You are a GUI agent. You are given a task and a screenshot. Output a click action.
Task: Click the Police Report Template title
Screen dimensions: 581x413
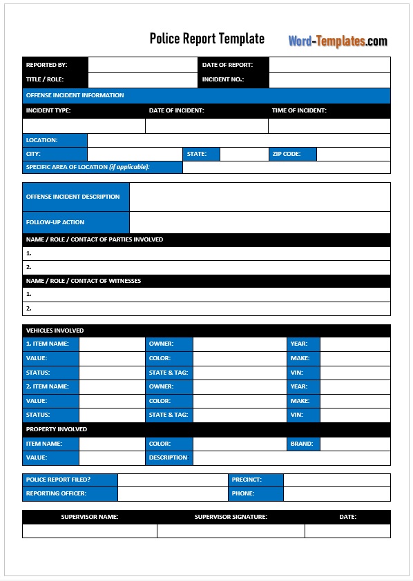pos(206,39)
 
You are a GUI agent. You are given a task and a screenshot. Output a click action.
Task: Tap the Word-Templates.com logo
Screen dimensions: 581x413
pos(338,41)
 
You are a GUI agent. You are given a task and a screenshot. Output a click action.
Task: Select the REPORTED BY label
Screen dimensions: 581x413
pos(47,65)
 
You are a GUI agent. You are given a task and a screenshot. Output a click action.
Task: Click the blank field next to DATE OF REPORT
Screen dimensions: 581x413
pos(329,65)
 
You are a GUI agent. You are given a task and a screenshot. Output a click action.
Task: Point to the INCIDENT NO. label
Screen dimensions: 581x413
pos(223,80)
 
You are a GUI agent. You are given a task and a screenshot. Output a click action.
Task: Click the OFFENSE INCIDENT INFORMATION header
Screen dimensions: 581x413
pos(75,95)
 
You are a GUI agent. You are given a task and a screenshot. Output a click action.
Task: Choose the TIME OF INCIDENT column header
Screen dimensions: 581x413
pos(299,110)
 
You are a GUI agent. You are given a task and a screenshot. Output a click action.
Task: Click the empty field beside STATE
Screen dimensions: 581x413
pos(243,155)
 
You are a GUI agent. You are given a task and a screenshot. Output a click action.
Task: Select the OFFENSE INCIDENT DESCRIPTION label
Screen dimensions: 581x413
pos(73,197)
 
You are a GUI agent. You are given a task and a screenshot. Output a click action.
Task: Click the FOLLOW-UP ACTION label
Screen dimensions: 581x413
pos(55,222)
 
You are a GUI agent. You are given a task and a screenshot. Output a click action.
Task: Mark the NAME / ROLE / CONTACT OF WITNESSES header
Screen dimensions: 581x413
pos(84,281)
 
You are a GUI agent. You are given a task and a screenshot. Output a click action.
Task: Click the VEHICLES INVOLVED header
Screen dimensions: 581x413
pos(55,331)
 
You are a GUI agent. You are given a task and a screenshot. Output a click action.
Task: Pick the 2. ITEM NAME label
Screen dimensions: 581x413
pos(48,386)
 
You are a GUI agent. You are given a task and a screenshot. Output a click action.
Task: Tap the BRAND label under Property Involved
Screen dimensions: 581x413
pos(302,444)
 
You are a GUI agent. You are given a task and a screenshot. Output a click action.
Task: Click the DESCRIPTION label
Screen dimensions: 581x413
pos(169,457)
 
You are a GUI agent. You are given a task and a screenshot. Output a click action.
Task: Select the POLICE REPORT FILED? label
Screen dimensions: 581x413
pos(59,480)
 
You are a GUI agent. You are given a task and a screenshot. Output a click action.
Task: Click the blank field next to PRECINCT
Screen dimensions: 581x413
pos(336,480)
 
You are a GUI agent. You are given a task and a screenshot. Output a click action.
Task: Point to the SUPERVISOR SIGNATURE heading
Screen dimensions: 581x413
pos(231,517)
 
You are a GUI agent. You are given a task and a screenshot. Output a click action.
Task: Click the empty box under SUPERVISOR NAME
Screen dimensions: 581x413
pos(90,531)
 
